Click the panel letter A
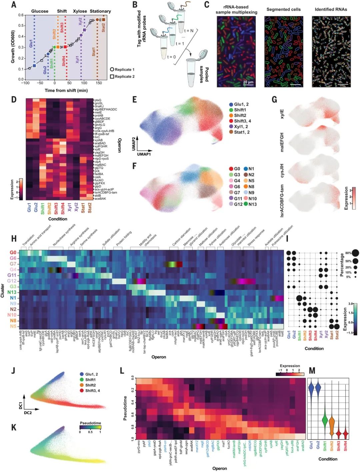coord(14,5)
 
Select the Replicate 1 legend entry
coord(122,70)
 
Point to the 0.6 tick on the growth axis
coord(21,15)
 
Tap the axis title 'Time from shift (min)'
coord(66,90)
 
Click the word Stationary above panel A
coord(100,11)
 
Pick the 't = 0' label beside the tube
coord(171,57)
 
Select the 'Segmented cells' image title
coord(283,9)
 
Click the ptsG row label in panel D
coord(98,100)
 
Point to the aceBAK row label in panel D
coord(100,199)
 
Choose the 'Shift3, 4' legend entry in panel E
coord(240,121)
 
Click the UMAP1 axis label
coord(144,154)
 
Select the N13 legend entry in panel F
coord(250,204)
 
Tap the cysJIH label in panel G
coord(282,171)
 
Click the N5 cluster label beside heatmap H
coord(13,326)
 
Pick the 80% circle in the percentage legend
coord(354,253)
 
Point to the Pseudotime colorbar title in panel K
coord(90,423)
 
